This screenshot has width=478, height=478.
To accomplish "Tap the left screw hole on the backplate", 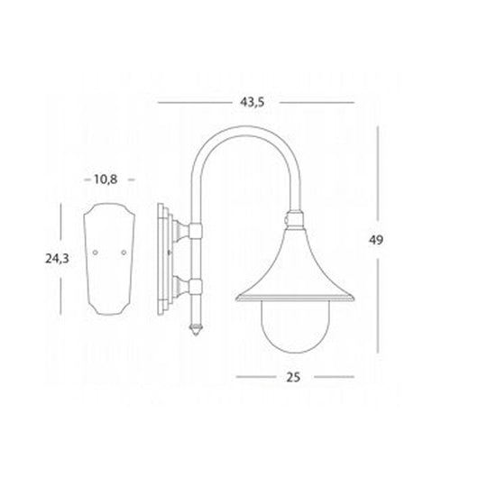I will (97, 254).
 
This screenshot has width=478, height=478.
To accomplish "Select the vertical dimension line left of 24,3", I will (61, 260).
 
